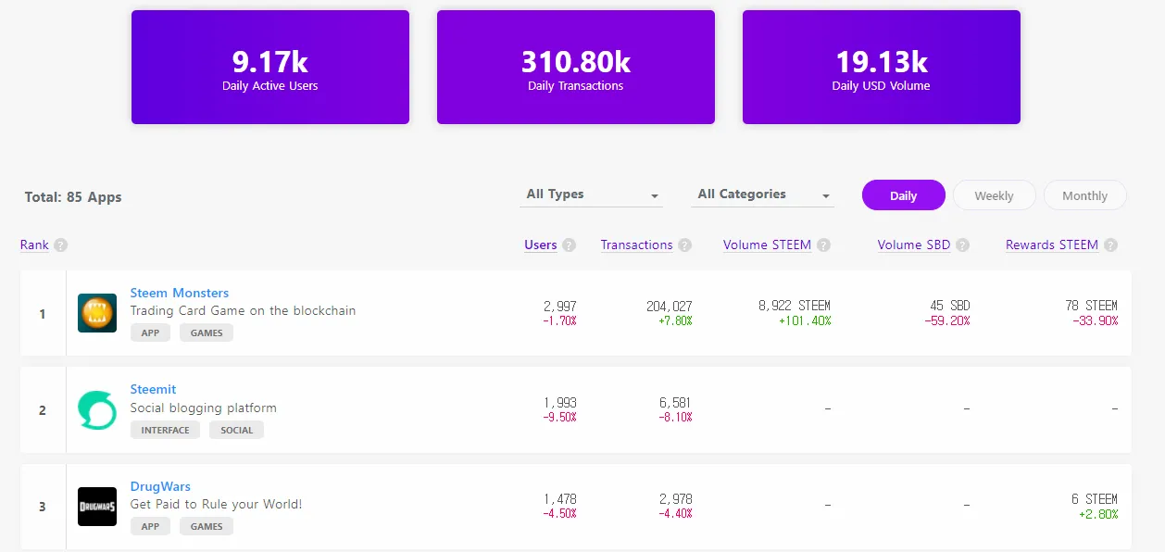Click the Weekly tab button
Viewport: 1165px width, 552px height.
click(x=994, y=195)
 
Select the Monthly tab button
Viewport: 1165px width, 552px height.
click(x=1084, y=195)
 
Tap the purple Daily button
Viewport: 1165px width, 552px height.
click(x=903, y=195)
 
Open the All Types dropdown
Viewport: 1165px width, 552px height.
click(x=592, y=194)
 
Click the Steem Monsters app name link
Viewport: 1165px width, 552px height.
click(x=179, y=293)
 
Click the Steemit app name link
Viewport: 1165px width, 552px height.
click(x=153, y=389)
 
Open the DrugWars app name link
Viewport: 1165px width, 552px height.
click(x=160, y=486)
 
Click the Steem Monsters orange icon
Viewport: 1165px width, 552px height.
click(x=97, y=313)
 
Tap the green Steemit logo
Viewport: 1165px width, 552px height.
click(x=97, y=410)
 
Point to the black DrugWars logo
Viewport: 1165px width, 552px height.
click(x=97, y=507)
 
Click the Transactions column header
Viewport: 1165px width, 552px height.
click(x=636, y=245)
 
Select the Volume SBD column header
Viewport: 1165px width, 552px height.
click(x=913, y=245)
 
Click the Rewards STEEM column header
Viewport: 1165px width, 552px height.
click(x=1051, y=245)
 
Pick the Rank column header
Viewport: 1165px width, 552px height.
click(x=34, y=245)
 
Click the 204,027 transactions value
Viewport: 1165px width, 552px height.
click(x=669, y=306)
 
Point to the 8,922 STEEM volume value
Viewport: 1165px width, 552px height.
click(x=795, y=306)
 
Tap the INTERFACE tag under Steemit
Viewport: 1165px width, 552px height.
click(x=165, y=430)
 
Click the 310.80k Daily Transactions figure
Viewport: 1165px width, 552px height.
click(x=575, y=62)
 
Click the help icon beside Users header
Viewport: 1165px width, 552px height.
click(x=570, y=245)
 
